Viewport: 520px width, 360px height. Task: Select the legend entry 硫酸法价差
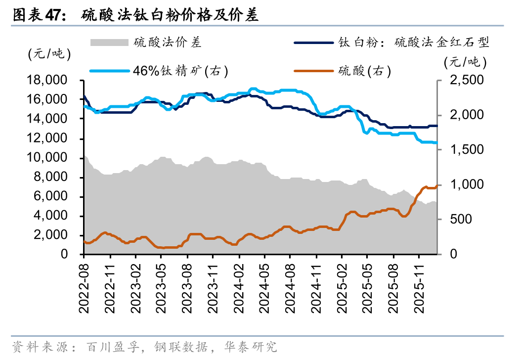coord(168,43)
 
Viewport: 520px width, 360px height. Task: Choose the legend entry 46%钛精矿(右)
coord(180,71)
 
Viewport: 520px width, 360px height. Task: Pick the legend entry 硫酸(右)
coord(364,71)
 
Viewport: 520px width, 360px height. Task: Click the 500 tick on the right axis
coord(457,220)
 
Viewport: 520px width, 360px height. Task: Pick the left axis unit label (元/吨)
coord(49,54)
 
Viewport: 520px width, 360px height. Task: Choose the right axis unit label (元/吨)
coord(465,62)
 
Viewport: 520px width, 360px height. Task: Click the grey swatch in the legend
coord(109,43)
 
